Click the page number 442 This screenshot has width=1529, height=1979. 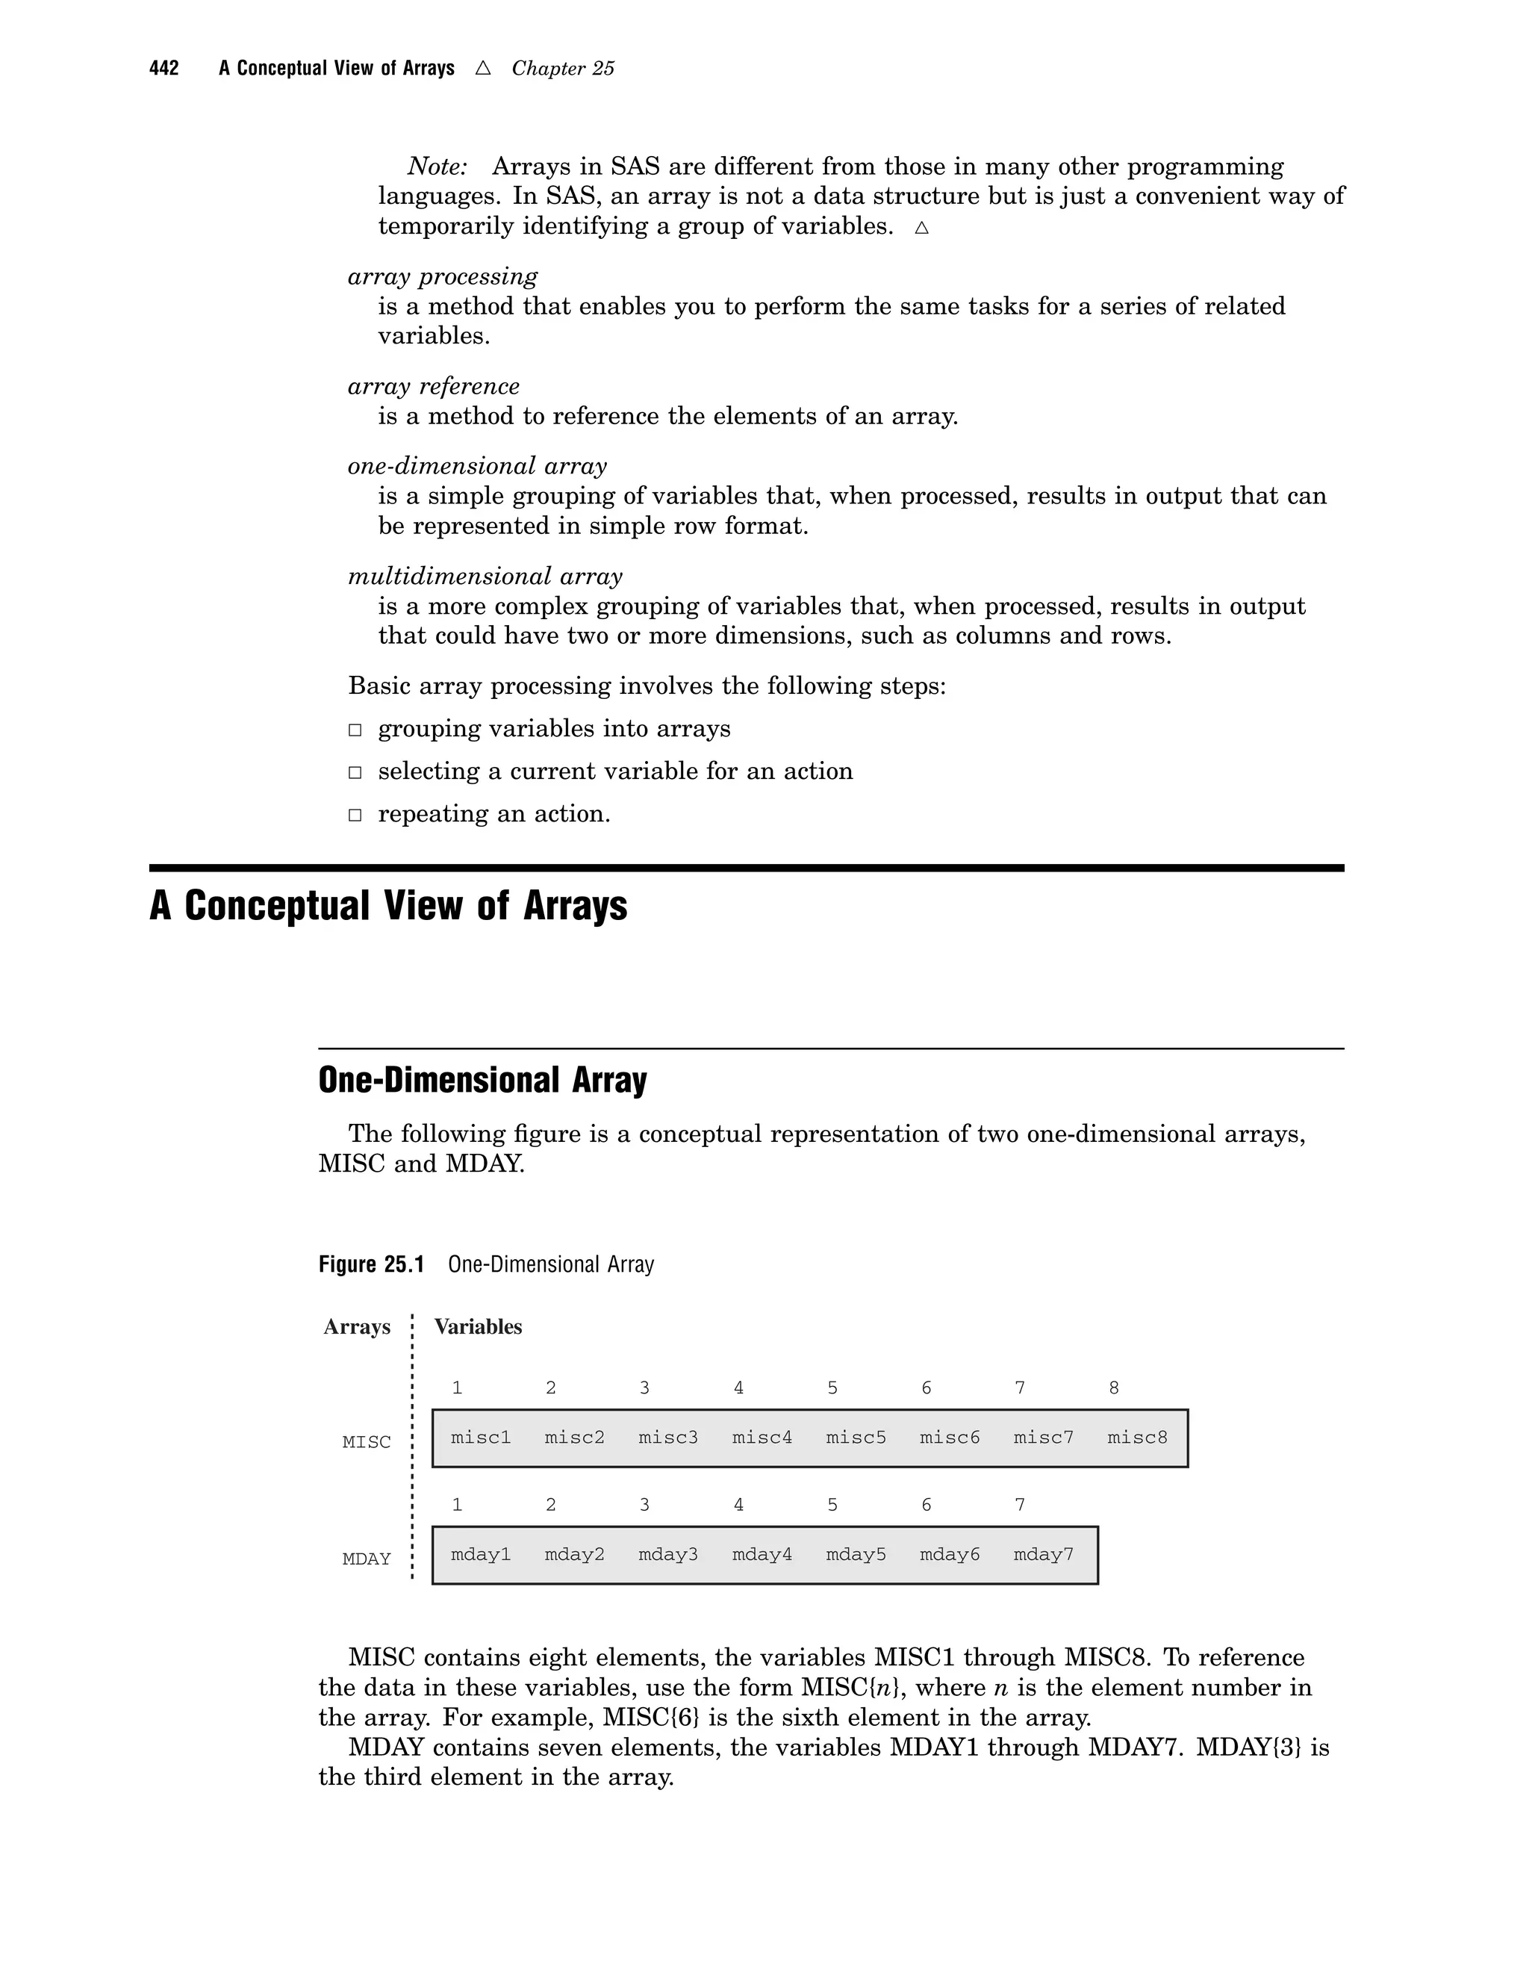point(164,69)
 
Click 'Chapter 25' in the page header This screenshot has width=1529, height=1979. point(562,69)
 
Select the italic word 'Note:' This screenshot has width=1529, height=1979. point(437,167)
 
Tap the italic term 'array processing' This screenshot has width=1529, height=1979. point(442,276)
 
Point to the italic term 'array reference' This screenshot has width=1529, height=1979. point(434,387)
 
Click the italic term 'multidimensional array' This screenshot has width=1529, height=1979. point(485,577)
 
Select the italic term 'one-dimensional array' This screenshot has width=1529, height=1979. point(477,467)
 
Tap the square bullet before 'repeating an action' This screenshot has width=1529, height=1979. point(356,815)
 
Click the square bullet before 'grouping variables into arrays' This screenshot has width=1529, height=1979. point(356,730)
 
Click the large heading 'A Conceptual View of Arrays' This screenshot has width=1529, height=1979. point(388,906)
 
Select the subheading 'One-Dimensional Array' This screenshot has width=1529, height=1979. point(483,1080)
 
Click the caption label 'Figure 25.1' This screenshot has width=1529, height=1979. point(371,1265)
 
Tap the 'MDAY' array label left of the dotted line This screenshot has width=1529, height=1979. point(367,1559)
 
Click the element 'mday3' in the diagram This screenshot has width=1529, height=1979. point(667,1555)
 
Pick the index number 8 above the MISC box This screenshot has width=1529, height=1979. point(1113,1388)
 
